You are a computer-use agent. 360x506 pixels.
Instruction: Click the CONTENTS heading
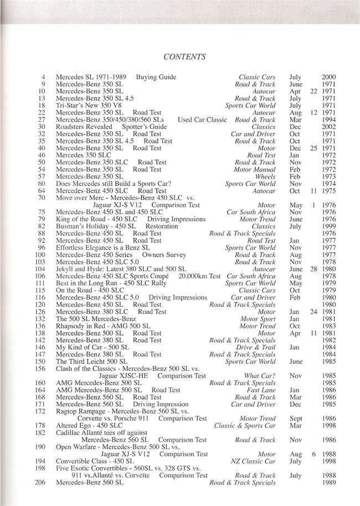click(186, 56)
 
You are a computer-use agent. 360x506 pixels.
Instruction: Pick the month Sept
click(296, 418)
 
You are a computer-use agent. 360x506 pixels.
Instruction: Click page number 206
click(42, 483)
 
